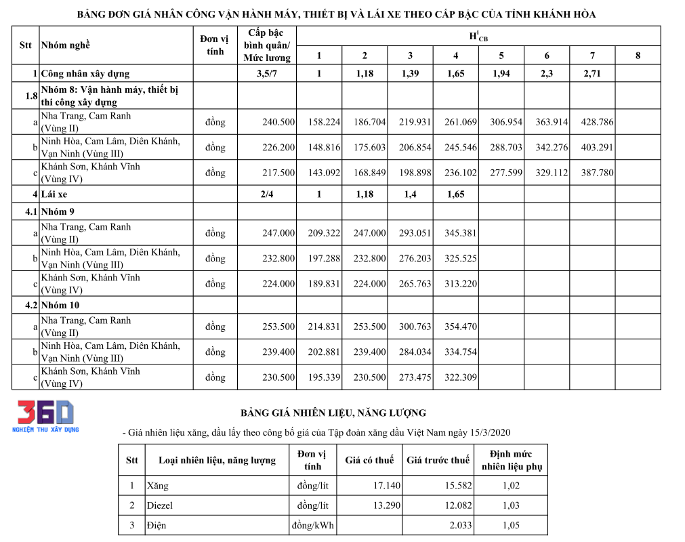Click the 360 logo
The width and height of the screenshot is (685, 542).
click(x=45, y=413)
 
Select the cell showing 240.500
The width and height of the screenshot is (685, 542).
click(x=278, y=123)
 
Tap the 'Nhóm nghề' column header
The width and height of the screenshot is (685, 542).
click(x=66, y=45)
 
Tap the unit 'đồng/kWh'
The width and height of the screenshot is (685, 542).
click(x=313, y=525)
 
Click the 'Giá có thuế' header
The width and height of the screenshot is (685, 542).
click(x=369, y=460)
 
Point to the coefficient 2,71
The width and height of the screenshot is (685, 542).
click(x=591, y=73)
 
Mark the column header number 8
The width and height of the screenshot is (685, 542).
click(x=638, y=56)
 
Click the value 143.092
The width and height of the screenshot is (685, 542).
click(x=323, y=173)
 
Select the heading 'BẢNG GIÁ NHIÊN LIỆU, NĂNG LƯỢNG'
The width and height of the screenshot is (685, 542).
click(x=334, y=413)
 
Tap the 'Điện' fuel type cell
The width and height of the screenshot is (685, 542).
click(x=157, y=525)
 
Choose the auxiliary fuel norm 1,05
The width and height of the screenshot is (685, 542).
click(x=512, y=525)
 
